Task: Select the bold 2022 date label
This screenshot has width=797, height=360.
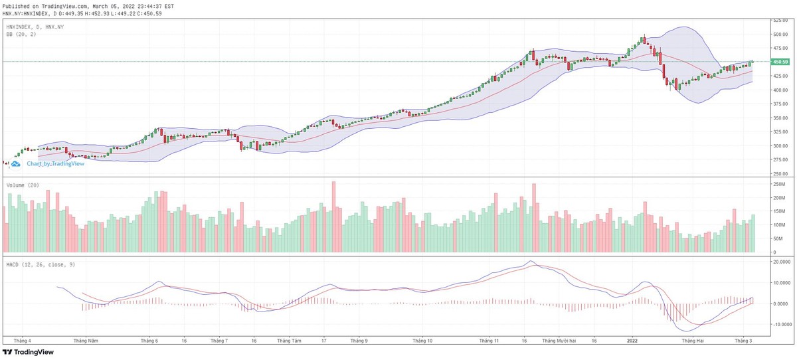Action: click(x=632, y=339)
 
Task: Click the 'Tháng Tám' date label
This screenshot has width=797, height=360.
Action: click(x=289, y=339)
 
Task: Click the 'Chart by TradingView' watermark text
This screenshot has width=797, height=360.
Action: click(x=55, y=163)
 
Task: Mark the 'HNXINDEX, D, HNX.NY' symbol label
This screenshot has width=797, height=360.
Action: click(x=35, y=27)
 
